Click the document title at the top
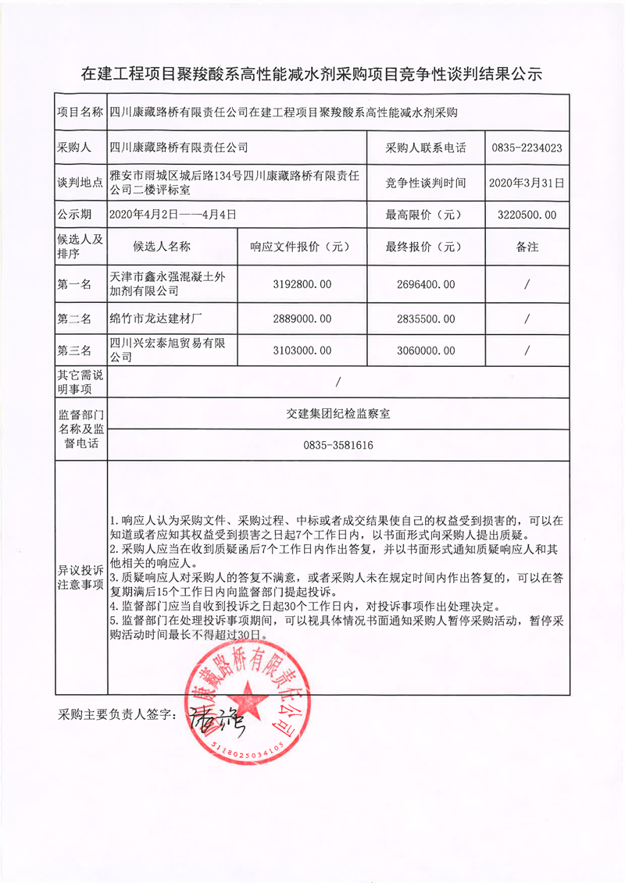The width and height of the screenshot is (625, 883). point(312,74)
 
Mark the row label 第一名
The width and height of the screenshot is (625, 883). point(75,284)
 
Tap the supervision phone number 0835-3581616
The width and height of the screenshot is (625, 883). point(337,446)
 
